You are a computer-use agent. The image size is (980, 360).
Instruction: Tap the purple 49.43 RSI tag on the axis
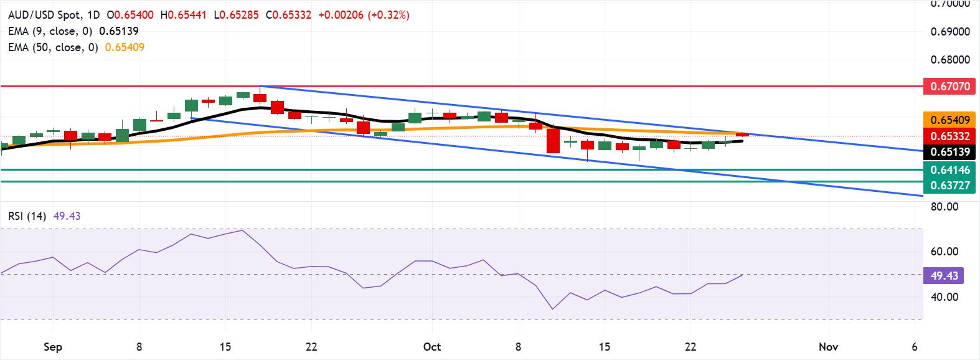pos(944,275)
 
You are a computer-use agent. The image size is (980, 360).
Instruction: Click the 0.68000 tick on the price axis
pos(950,60)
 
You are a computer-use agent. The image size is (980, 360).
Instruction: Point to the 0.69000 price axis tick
pos(950,32)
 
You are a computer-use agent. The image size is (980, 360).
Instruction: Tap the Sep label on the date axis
pos(53,347)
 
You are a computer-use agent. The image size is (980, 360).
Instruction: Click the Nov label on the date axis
pos(828,347)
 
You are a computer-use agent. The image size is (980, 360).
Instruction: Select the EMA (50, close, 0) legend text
pos(52,47)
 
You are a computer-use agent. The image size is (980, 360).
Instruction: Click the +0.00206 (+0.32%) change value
pos(364,15)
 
